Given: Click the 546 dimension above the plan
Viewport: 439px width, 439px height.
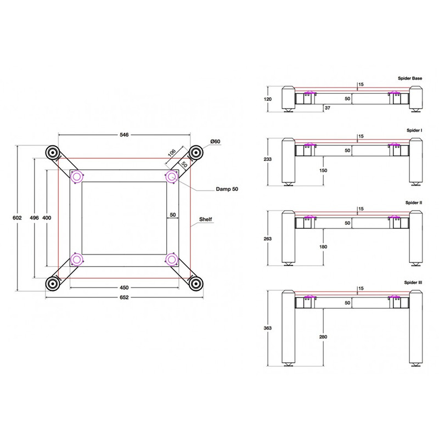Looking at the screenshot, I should (x=125, y=136).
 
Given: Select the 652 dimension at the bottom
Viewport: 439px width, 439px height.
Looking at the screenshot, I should (x=124, y=297).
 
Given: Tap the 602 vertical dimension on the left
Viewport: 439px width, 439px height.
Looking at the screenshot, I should (x=16, y=218).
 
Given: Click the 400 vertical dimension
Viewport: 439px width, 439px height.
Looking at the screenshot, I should (x=47, y=218).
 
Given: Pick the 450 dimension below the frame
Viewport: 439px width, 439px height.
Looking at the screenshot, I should (x=124, y=288).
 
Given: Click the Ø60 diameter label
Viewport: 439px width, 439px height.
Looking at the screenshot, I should (x=215, y=142).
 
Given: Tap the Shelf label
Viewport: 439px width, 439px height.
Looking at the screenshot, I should (x=206, y=218).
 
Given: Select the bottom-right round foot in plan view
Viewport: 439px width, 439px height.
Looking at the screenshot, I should (x=194, y=283).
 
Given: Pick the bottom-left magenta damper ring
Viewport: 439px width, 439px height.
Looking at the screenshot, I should (x=77, y=258).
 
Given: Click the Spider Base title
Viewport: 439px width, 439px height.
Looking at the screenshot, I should (x=409, y=79).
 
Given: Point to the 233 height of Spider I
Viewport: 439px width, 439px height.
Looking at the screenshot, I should (x=267, y=159).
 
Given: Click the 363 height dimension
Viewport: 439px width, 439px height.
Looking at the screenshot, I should (x=267, y=328).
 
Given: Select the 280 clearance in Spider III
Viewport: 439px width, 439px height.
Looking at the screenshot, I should (x=323, y=336).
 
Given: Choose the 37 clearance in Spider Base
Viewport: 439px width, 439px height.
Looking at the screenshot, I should (x=328, y=108).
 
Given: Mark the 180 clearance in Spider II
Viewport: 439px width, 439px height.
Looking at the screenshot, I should (x=323, y=247).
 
